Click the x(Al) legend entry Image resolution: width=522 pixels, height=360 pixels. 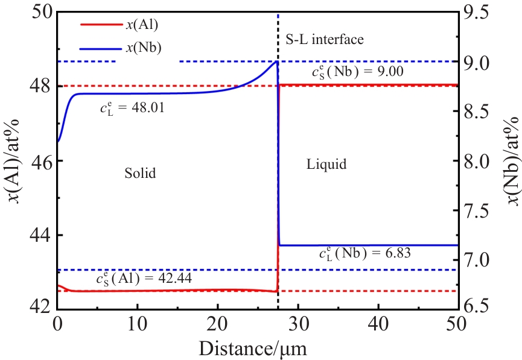point(142,25)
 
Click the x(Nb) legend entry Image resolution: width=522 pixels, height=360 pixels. point(143,48)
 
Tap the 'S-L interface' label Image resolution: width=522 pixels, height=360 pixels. point(324,40)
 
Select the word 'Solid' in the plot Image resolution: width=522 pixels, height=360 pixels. point(140,174)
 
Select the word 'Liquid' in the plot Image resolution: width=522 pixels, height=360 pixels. point(326,164)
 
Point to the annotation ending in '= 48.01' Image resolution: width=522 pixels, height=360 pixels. point(133,109)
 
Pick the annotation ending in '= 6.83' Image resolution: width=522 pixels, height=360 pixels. point(364,254)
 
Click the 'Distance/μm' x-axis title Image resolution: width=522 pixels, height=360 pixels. point(257,349)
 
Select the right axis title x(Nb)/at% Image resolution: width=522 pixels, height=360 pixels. point(511,159)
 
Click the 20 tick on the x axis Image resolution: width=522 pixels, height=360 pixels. point(218,323)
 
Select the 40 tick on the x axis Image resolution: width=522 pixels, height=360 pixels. point(378,323)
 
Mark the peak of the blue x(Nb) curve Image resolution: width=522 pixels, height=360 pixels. point(276,62)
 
